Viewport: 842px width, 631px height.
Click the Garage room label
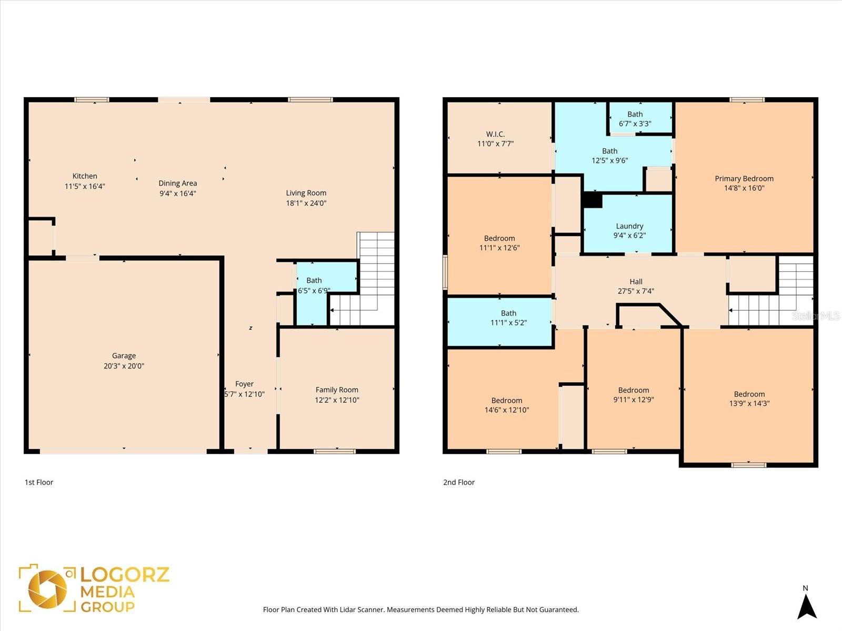click(x=124, y=356)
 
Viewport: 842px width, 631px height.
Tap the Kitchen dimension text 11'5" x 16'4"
click(x=85, y=186)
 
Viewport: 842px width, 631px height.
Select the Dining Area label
click(x=178, y=183)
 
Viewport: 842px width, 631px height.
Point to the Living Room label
click(x=306, y=193)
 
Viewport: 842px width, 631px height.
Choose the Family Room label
click(x=337, y=390)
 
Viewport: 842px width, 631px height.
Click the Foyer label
click(x=244, y=384)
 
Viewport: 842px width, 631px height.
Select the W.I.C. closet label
click(x=495, y=134)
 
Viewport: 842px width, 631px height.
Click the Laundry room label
click(x=629, y=226)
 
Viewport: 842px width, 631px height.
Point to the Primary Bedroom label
click(x=744, y=179)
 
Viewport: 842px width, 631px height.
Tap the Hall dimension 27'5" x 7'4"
click(x=636, y=291)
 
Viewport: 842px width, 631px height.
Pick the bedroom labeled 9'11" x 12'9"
click(x=634, y=394)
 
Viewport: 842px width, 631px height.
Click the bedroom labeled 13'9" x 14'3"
click(x=749, y=399)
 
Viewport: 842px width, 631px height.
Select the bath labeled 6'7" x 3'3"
click(x=635, y=119)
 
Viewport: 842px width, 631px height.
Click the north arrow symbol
click(x=806, y=605)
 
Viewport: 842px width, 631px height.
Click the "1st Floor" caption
click(x=39, y=482)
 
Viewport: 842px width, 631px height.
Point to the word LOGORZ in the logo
click(x=125, y=574)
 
